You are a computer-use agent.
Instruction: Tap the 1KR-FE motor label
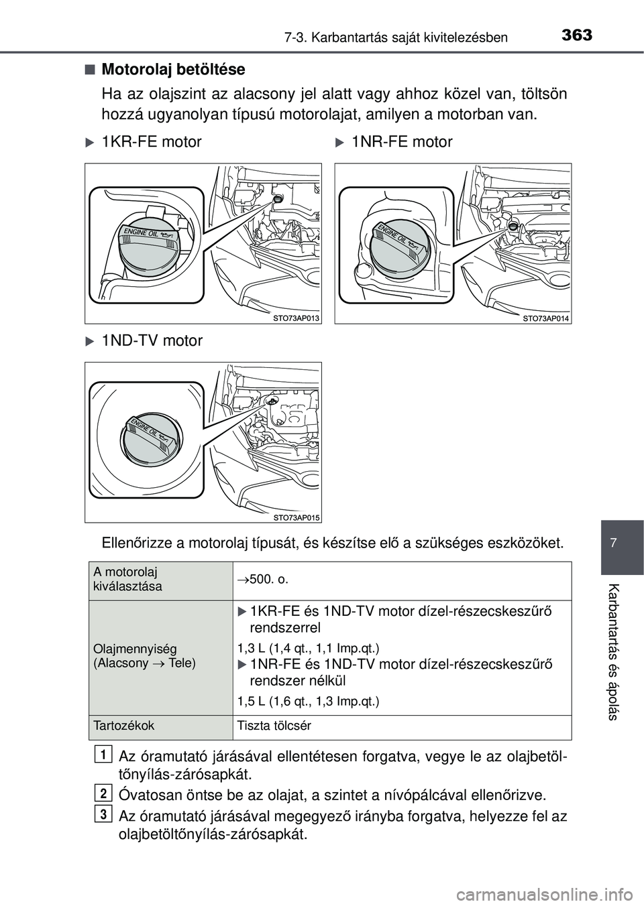tap(151, 142)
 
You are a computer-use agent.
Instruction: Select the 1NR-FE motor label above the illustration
tap(401, 142)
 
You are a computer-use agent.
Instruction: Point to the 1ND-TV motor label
tap(152, 341)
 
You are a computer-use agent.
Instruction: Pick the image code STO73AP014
tap(546, 318)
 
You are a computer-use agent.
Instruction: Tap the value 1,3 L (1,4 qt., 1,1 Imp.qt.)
tap(309, 648)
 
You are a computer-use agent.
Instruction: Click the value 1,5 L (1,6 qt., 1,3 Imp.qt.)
tap(309, 701)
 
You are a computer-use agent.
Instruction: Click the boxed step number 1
tap(103, 755)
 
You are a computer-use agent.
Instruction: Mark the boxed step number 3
tap(103, 814)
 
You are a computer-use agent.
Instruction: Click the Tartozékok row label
tap(124, 726)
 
